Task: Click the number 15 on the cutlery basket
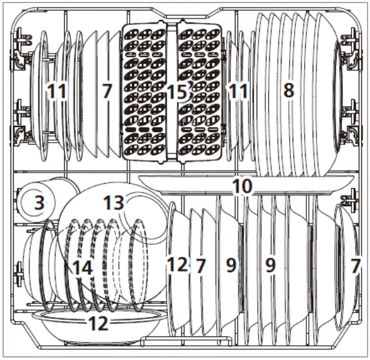176,92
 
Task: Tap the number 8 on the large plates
288,90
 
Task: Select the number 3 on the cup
39,202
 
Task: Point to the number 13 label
115,202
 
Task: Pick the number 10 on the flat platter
243,184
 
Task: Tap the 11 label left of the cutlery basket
57,92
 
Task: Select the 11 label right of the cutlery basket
237,92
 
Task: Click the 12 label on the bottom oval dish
98,323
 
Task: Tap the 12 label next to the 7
177,265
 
